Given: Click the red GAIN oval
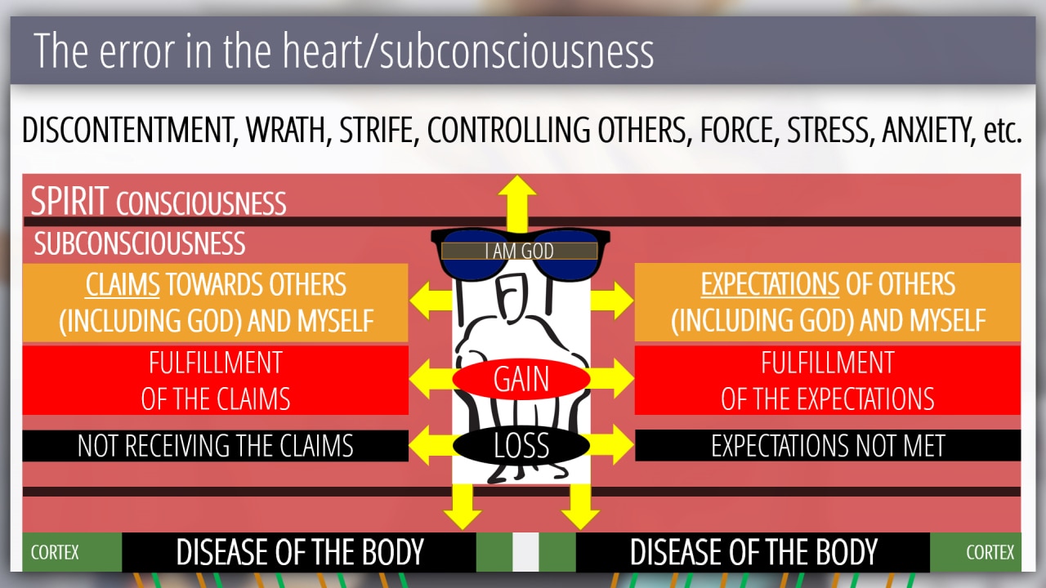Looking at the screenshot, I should click(521, 379).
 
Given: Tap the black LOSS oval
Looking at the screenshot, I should click(521, 446).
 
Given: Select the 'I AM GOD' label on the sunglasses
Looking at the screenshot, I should click(520, 252).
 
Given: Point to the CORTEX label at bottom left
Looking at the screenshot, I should click(55, 553).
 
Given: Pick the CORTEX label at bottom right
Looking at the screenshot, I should click(990, 553).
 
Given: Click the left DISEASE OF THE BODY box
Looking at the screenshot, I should click(299, 553).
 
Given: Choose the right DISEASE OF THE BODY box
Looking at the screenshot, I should click(753, 553).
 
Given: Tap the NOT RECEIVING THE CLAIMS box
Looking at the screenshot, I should click(215, 446).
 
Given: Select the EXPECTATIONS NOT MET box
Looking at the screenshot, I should click(827, 446).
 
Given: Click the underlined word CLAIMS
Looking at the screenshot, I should click(123, 285).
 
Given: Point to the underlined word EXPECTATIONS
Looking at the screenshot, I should click(769, 285).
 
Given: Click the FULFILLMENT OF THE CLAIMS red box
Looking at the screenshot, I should click(215, 380).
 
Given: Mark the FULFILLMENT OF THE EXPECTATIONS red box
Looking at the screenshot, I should click(827, 380).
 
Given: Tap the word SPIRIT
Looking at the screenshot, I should click(69, 202).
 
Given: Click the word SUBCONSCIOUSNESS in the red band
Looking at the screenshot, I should click(140, 243).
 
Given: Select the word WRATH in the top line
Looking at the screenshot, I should click(280, 131).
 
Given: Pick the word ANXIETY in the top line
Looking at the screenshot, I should click(926, 131).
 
